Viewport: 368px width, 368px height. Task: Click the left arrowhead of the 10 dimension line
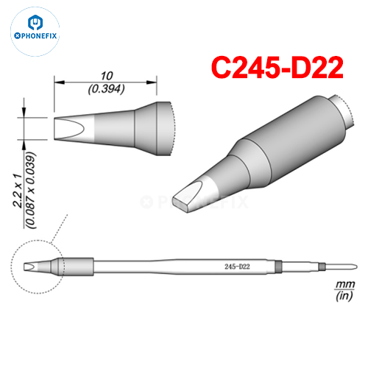pyautogui.click(x=56, y=82)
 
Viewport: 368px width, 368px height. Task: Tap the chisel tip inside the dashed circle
pyautogui.click(x=32, y=266)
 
